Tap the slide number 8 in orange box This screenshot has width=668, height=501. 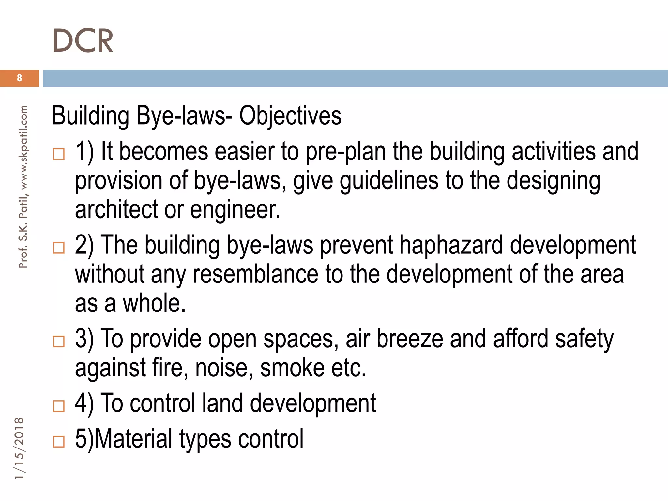20,78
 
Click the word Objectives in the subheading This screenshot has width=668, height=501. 290,115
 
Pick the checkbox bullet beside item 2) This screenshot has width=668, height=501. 59,248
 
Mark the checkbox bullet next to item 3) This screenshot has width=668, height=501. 59,342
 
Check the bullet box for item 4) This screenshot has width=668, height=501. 59,406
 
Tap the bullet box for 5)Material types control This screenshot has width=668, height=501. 59,442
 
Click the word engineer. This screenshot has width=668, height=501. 235,210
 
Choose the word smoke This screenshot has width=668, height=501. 292,368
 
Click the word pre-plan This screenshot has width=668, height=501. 345,152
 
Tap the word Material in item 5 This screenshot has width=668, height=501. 134,439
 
